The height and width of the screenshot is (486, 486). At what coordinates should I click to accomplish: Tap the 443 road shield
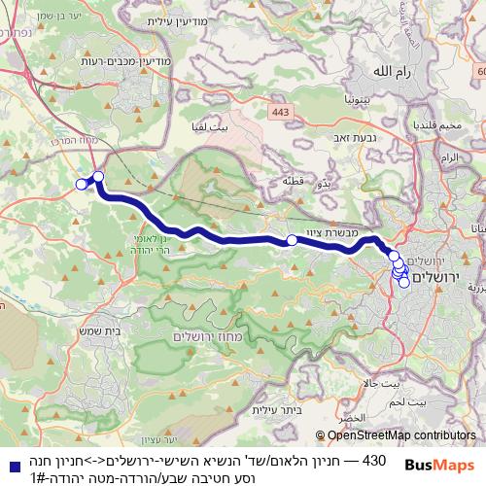coord(281,114)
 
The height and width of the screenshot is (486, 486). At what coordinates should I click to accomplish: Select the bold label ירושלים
coord(439,278)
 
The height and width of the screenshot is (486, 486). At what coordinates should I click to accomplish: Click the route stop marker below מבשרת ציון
coord(292,240)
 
